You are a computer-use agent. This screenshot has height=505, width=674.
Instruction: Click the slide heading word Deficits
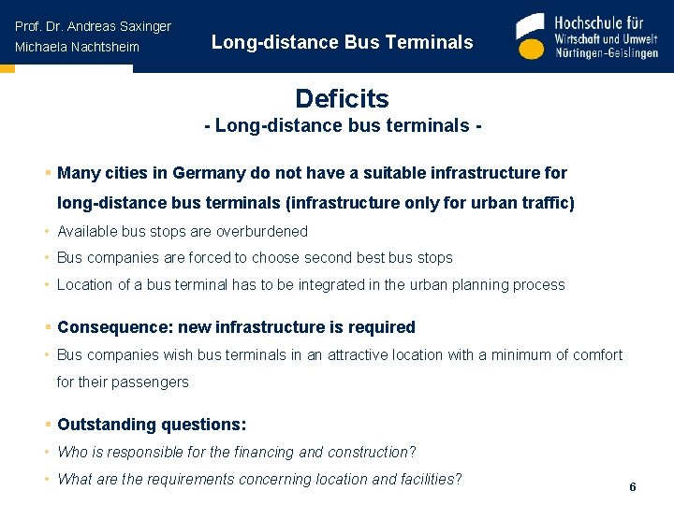[x=342, y=98]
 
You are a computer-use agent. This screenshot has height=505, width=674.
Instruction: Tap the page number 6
[x=633, y=487]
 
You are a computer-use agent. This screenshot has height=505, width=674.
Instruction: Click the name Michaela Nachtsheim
[x=77, y=47]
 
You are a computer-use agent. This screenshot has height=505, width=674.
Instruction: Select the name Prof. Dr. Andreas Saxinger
[x=93, y=26]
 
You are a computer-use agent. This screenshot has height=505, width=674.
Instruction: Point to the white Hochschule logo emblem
[x=530, y=37]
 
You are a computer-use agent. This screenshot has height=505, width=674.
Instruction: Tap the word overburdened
[x=262, y=231]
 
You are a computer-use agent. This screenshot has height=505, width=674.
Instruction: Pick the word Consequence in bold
[x=105, y=327]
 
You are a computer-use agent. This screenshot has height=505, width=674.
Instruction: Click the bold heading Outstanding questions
[x=151, y=425]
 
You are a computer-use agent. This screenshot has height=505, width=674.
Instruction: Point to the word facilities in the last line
[x=422, y=480]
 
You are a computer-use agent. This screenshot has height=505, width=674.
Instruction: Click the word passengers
[x=142, y=382]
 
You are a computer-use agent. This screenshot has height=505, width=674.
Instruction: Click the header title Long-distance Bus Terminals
[x=342, y=42]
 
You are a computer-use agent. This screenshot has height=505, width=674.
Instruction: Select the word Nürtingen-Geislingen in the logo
[x=607, y=53]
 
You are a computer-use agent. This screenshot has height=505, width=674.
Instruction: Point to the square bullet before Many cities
[x=47, y=173]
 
